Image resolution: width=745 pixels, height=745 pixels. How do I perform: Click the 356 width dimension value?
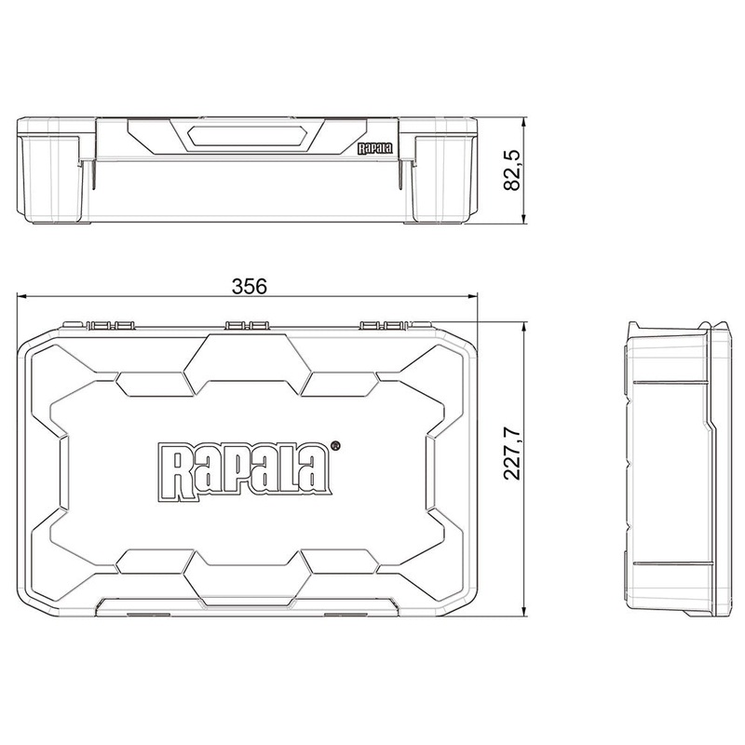(250, 287)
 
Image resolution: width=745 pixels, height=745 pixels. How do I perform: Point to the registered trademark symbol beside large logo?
(335, 446)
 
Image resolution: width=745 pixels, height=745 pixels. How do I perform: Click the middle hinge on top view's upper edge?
(248, 325)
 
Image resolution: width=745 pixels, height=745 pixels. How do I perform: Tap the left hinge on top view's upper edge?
(111, 325)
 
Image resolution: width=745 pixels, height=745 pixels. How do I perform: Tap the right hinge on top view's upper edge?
(383, 325)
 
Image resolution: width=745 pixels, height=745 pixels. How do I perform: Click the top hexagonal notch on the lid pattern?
(248, 359)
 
